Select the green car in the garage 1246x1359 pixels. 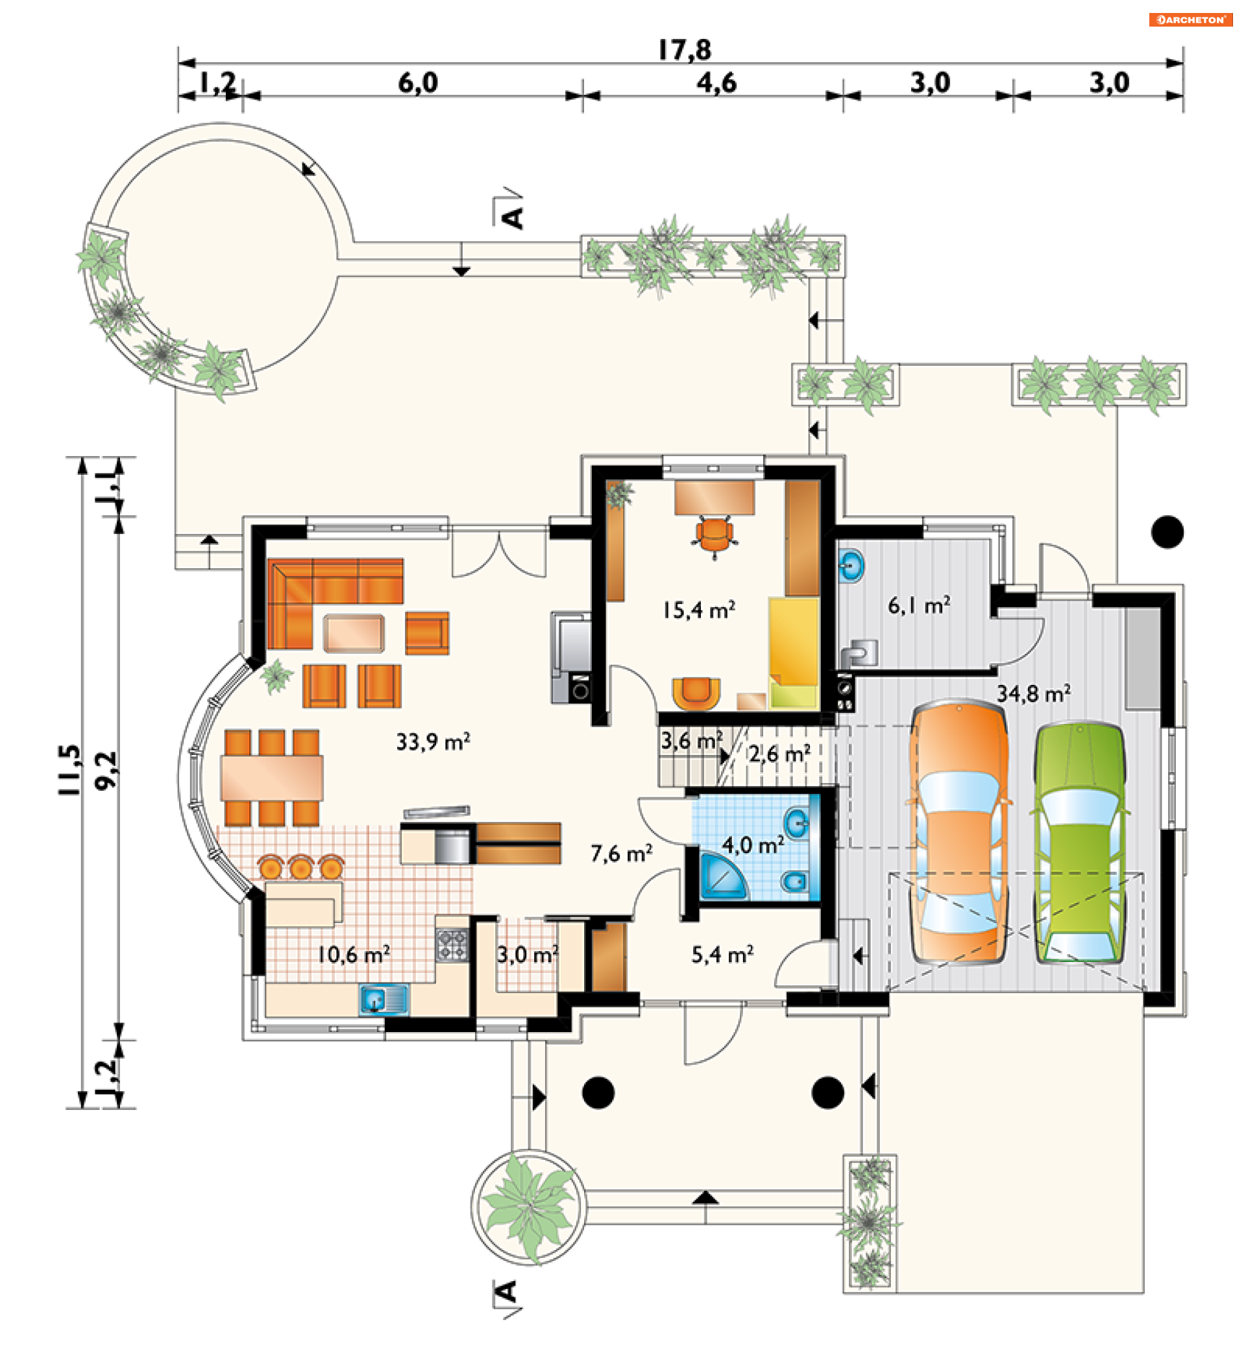pyautogui.click(x=1079, y=843)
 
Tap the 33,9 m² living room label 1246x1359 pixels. pyautogui.click(x=433, y=741)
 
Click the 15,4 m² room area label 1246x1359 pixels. pyautogui.click(x=698, y=610)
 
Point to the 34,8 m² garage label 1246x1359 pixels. pyautogui.click(x=1034, y=693)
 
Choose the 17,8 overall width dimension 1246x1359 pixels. pyautogui.click(x=685, y=50)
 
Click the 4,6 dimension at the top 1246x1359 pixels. pyautogui.click(x=716, y=83)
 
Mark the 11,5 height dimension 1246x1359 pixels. pyautogui.click(x=69, y=770)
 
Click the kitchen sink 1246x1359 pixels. pyautogui.click(x=384, y=1000)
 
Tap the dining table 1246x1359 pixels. pyautogui.click(x=272, y=778)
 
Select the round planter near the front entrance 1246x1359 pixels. pyautogui.click(x=530, y=1207)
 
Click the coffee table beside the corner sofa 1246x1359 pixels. pyautogui.click(x=354, y=633)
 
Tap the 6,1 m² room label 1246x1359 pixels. pyautogui.click(x=918, y=605)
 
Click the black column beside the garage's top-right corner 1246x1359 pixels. pyautogui.click(x=1167, y=533)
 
